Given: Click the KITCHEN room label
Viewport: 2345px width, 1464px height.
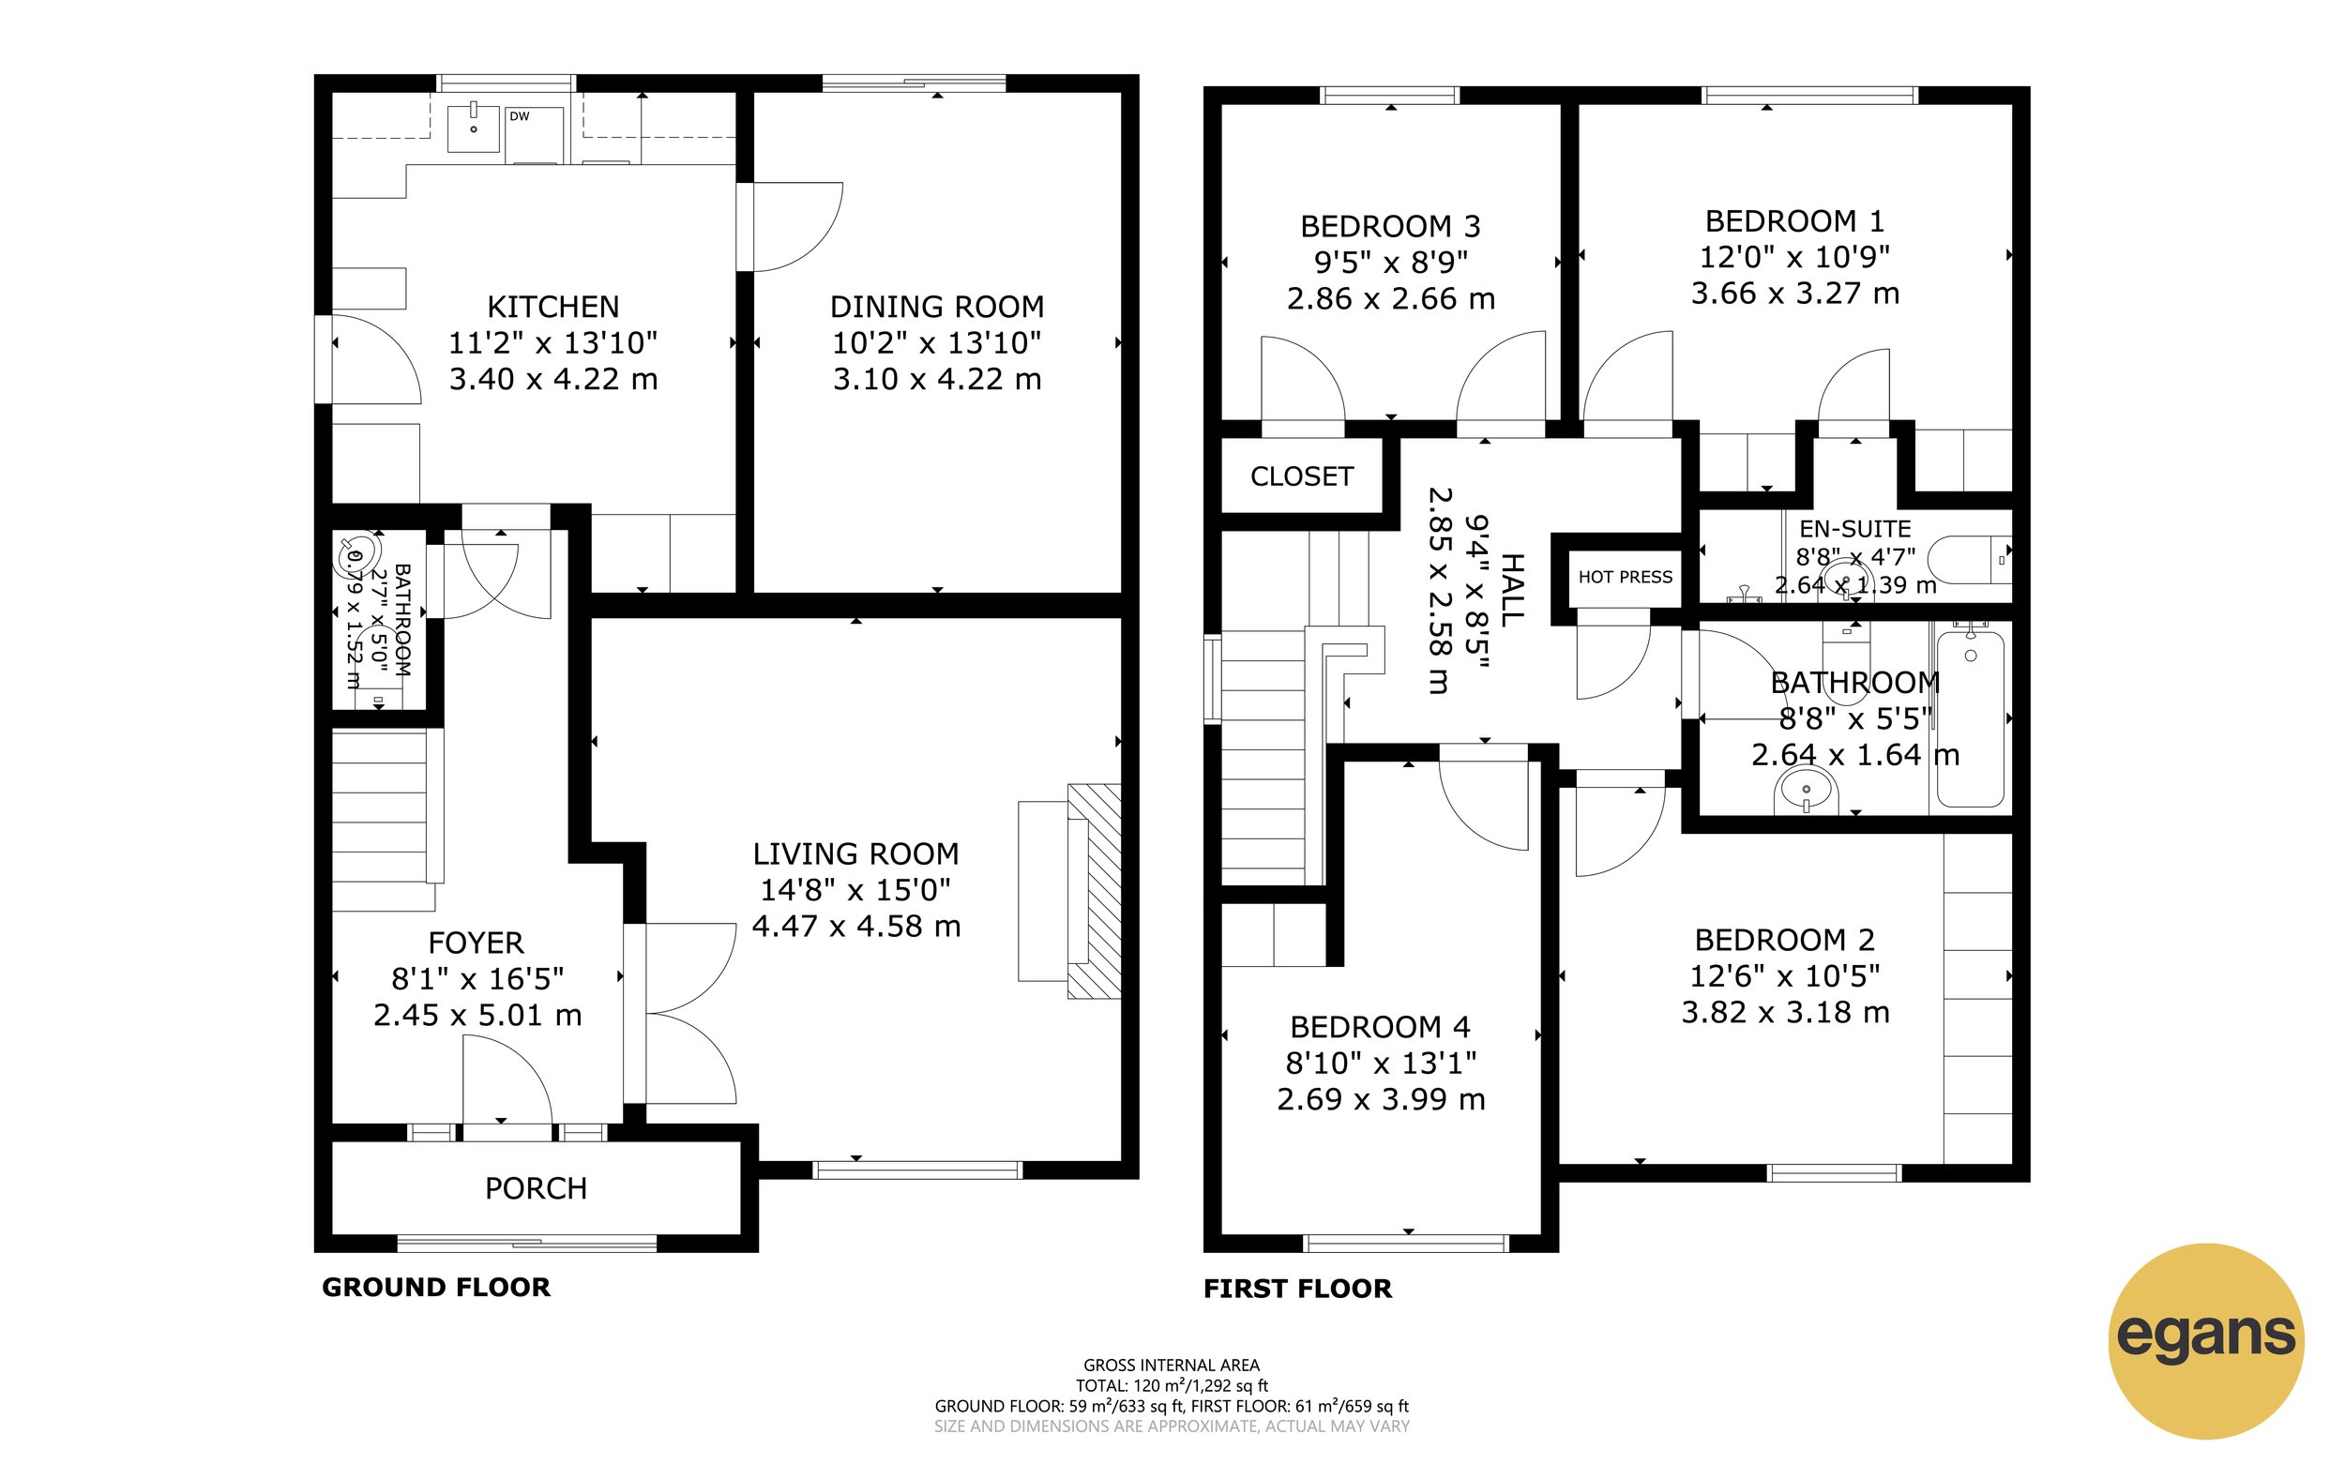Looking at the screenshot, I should click(x=552, y=307).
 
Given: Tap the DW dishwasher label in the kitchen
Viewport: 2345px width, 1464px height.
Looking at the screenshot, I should click(x=520, y=116).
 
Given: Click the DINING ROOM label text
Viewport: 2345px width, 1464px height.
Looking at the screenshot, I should click(x=936, y=307).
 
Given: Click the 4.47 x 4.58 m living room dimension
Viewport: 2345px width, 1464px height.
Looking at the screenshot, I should click(x=855, y=927).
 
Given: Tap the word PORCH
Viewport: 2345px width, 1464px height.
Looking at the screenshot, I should click(x=536, y=1188).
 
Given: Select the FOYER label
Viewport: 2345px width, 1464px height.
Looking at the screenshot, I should click(x=476, y=943).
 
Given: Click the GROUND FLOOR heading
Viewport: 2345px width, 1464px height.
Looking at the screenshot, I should click(x=435, y=1287).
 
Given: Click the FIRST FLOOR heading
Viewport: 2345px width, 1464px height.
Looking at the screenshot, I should click(x=1296, y=1289).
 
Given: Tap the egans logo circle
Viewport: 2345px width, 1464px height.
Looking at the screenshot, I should click(x=2204, y=1340).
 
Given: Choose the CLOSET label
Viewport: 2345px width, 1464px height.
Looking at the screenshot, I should click(x=1301, y=476).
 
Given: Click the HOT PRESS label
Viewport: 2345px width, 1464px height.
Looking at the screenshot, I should click(x=1625, y=577).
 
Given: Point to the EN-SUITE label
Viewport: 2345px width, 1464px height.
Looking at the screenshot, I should click(x=1854, y=530).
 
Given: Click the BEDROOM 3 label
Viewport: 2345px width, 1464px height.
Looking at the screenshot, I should click(x=1389, y=227).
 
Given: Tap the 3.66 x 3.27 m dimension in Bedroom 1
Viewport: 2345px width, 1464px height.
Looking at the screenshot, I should click(x=1794, y=294).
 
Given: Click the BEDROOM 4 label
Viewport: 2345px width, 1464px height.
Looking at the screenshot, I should click(x=1380, y=1026).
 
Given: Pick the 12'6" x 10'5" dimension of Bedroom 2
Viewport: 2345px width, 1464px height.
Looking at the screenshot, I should click(x=1784, y=976).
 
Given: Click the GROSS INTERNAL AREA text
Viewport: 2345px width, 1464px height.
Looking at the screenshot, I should click(x=1171, y=1366).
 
